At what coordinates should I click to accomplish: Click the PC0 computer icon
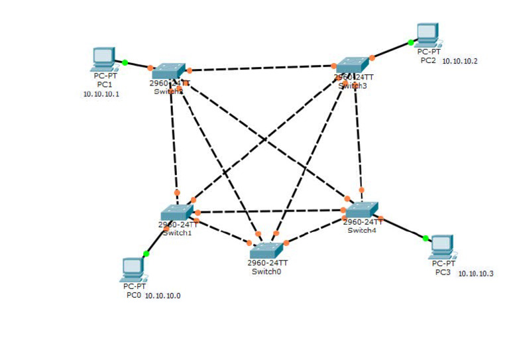[133, 269]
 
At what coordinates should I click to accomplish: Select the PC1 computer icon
[103, 58]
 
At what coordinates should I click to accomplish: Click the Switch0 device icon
[266, 250]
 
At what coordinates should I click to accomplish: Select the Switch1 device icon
[177, 212]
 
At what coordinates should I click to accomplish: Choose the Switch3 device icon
[352, 64]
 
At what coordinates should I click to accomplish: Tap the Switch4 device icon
[362, 210]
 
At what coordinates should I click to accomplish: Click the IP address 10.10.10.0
[163, 296]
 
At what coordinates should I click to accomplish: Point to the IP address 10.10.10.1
[101, 94]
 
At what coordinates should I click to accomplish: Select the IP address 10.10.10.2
[460, 61]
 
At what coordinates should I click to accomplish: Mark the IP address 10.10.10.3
[476, 274]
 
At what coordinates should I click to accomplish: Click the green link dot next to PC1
[125, 62]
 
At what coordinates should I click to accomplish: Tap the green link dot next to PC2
[411, 42]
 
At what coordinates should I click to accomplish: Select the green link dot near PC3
[425, 238]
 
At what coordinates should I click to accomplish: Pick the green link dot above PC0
[146, 254]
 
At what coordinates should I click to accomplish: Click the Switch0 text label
[266, 271]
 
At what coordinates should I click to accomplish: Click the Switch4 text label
[362, 230]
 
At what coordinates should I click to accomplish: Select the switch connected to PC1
[170, 71]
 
